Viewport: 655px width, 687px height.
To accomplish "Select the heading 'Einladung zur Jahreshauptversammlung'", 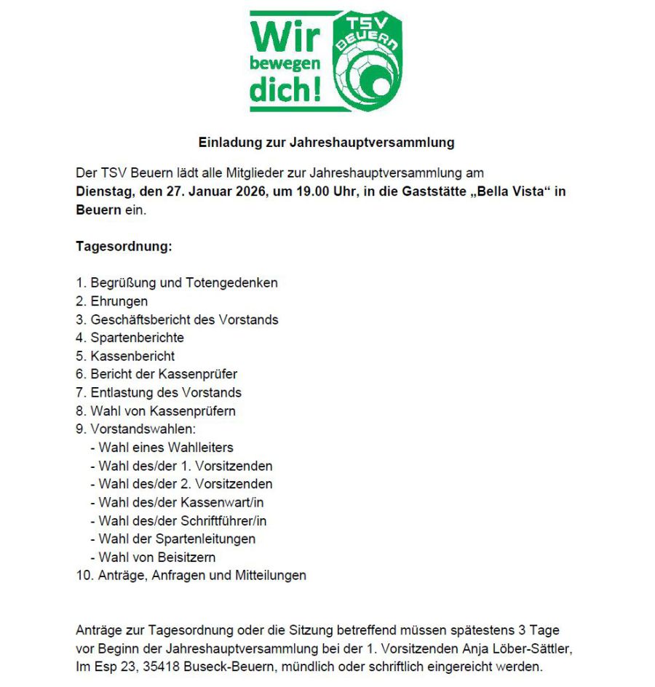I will [327, 143].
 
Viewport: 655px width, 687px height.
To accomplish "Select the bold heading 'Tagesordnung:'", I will [124, 246].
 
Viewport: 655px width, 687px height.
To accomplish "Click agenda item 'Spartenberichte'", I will [137, 338].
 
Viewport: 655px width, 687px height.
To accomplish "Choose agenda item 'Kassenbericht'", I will [132, 356].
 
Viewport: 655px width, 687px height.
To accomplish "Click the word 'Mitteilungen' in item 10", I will [270, 576].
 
